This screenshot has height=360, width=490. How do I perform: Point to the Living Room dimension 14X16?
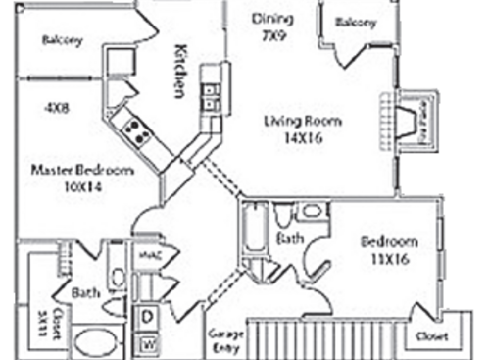pos(303,138)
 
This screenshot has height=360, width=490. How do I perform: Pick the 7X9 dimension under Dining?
pos(271,34)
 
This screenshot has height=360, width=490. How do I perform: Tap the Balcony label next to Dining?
pos(355,23)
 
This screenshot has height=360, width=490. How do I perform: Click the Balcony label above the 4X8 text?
pos(62,40)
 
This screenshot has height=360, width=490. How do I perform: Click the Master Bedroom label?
pos(81,170)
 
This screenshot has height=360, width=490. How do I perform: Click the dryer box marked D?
pos(148,317)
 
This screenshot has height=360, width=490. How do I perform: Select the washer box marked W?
pos(148,342)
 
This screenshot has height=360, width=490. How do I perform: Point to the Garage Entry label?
pos(224,339)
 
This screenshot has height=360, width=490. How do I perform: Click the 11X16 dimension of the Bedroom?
pos(388,260)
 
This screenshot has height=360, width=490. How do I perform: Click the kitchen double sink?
pos(210,94)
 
